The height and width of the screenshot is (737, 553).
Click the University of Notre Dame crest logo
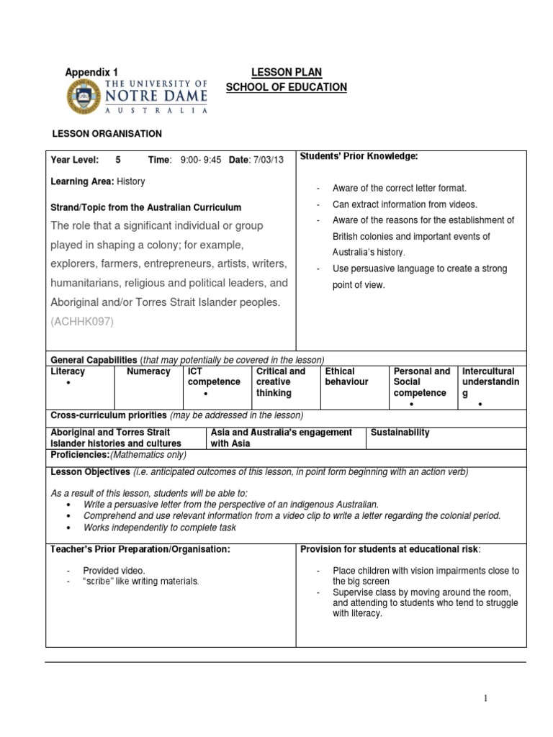tap(84, 97)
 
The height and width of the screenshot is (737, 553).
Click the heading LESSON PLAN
tap(286, 72)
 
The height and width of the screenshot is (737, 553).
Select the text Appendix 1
tap(91, 72)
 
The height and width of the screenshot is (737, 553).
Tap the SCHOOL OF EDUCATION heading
tap(286, 87)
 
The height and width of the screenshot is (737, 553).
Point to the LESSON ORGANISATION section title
tap(106, 134)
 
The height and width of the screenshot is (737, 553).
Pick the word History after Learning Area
tap(130, 182)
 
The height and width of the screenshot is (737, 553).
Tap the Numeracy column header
tap(148, 371)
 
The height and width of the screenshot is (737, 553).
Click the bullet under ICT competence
tap(205, 395)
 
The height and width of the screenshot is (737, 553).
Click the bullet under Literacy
tap(68, 384)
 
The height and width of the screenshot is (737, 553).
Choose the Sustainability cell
tap(400, 433)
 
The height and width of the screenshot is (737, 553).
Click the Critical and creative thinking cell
tap(281, 382)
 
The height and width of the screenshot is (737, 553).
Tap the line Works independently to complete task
tap(160, 528)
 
